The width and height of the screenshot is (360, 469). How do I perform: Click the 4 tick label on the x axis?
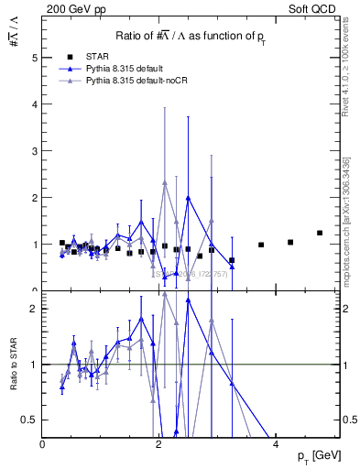[277, 443]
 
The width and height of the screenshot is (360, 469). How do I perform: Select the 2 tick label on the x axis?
[159, 443]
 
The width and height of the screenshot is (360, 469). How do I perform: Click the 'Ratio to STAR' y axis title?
[13, 365]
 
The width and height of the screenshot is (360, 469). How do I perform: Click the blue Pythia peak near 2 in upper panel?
[188, 198]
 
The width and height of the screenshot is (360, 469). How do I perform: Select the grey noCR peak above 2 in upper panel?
[165, 183]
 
